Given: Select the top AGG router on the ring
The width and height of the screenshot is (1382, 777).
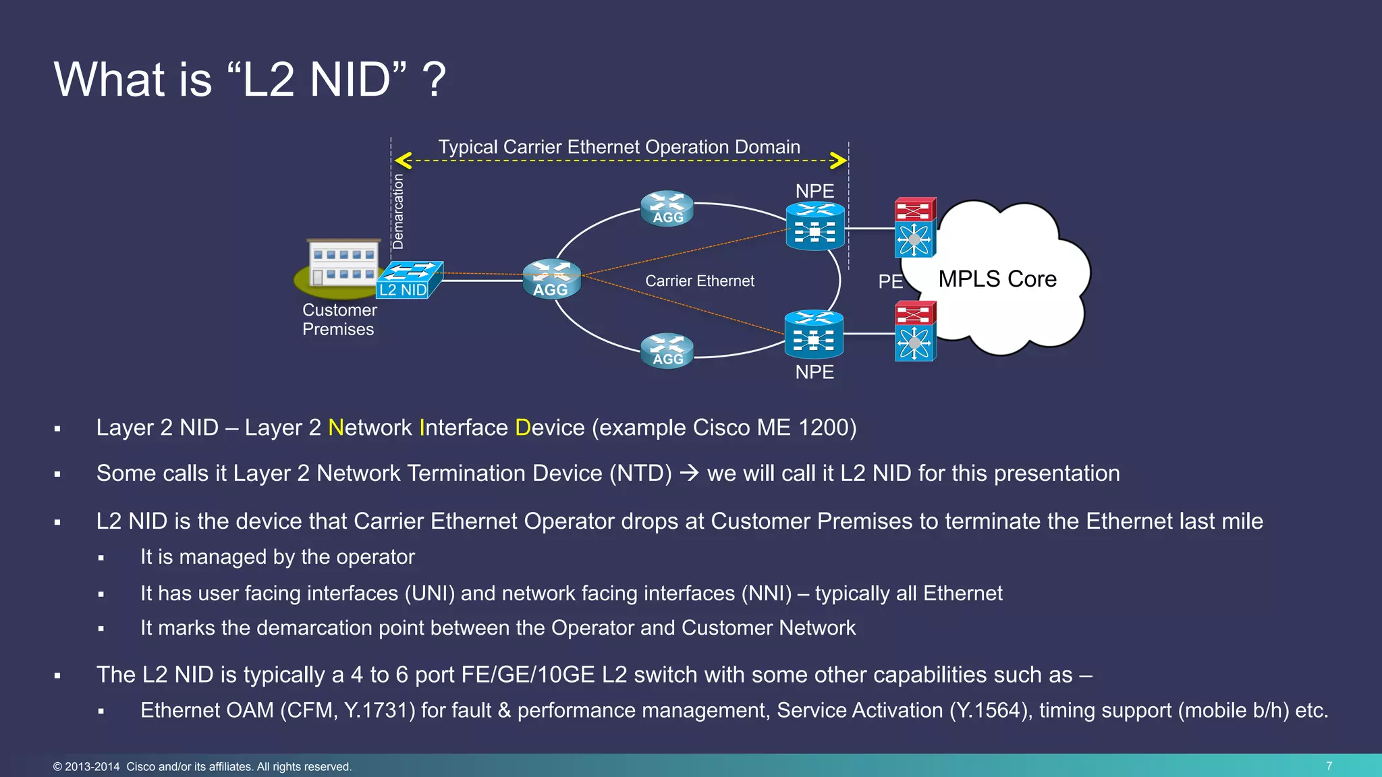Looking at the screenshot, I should click(667, 208).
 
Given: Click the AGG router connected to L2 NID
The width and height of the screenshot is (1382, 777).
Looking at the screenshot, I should click(551, 279).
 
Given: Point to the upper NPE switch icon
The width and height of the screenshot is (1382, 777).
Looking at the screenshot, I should click(815, 227).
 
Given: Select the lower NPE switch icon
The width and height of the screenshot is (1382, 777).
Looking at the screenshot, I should click(814, 335).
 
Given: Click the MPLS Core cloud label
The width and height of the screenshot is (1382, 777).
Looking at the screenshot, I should click(997, 279).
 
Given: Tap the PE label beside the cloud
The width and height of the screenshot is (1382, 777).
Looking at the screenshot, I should click(890, 281).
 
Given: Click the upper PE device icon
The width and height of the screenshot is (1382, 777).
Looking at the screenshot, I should click(914, 228).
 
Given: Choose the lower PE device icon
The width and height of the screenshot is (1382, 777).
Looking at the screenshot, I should click(914, 333).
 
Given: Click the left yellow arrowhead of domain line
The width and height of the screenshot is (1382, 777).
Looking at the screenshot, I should click(404, 161).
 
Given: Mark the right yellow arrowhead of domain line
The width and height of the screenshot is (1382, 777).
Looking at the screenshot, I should click(838, 161).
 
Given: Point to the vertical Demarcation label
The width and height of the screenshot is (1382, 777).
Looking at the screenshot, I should click(398, 211).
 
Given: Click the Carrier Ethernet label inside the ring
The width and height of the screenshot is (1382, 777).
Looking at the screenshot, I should click(699, 281).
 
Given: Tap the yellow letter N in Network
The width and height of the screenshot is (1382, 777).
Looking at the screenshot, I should click(335, 428).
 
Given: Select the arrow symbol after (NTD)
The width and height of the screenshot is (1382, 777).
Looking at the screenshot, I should click(689, 473).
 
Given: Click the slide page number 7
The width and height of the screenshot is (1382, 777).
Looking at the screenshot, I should click(1329, 766).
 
